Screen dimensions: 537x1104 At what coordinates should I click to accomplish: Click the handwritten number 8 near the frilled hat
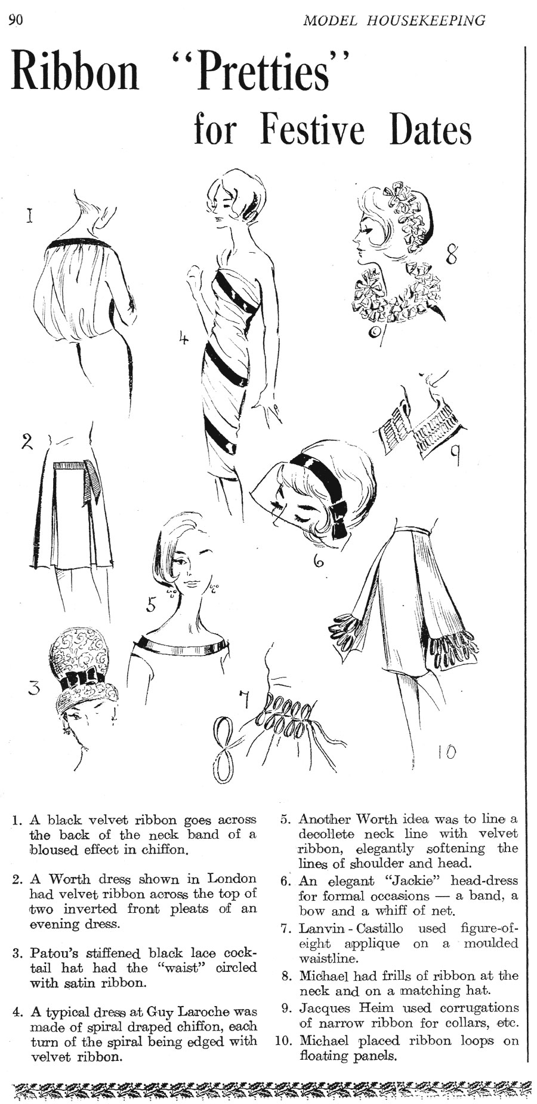(451, 256)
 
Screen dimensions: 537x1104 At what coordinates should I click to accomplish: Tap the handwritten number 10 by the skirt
(446, 752)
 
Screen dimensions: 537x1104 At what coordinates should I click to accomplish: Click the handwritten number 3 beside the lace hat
(35, 688)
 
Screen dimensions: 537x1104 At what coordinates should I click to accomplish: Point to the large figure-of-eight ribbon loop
(223, 750)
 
